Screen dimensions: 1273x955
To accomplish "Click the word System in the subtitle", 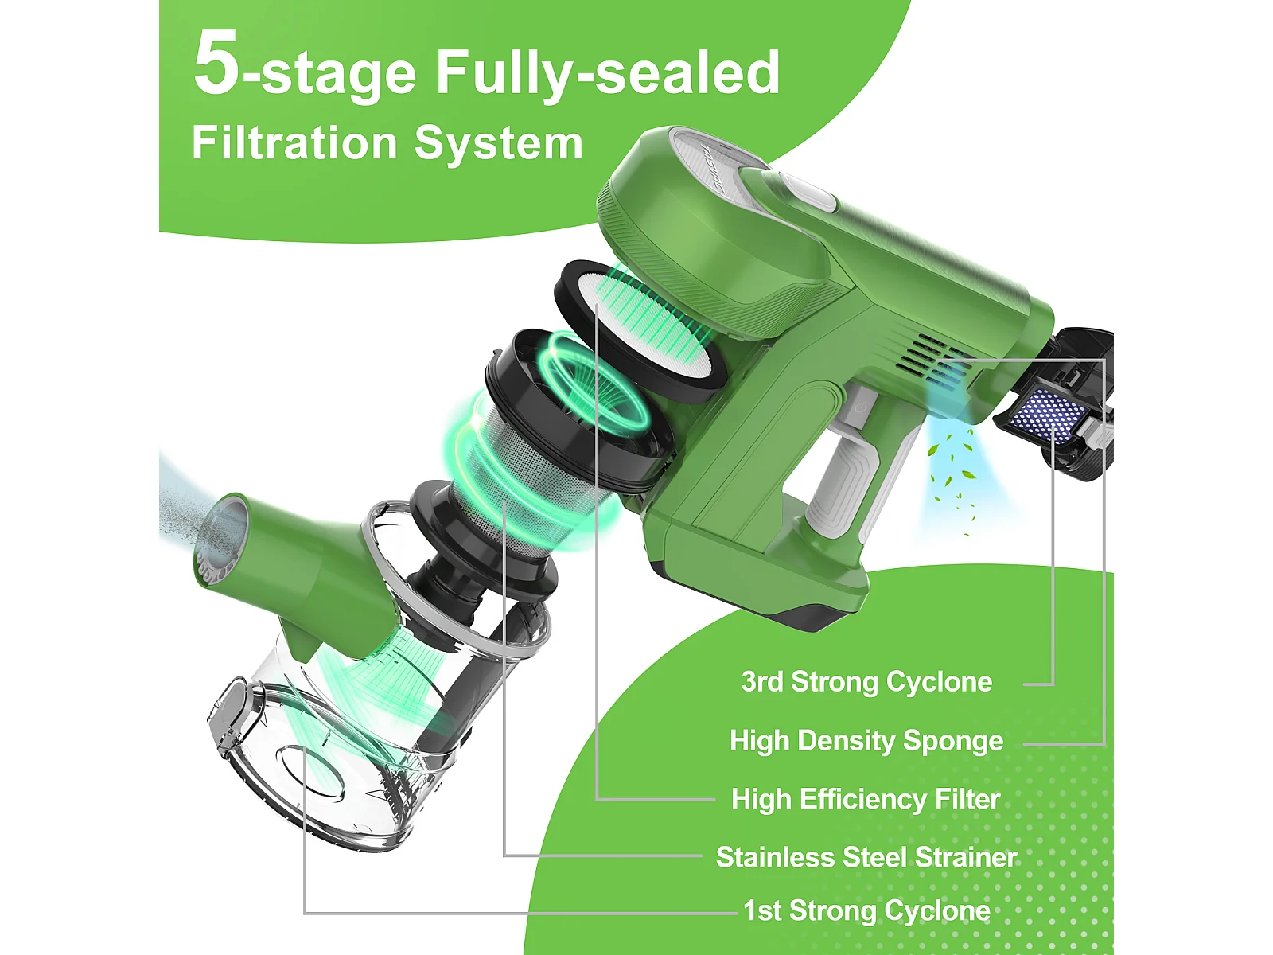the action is tap(498, 143).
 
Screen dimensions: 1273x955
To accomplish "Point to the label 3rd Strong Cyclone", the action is tap(866, 682).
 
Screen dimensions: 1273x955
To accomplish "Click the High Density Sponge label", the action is tap(866, 740).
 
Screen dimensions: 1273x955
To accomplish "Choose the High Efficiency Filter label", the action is tap(866, 799).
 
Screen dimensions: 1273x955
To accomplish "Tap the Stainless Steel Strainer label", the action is tap(866, 858).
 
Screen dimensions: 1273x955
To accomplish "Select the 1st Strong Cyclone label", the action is tap(866, 910).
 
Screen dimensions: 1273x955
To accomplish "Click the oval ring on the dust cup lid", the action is tap(311, 772).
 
